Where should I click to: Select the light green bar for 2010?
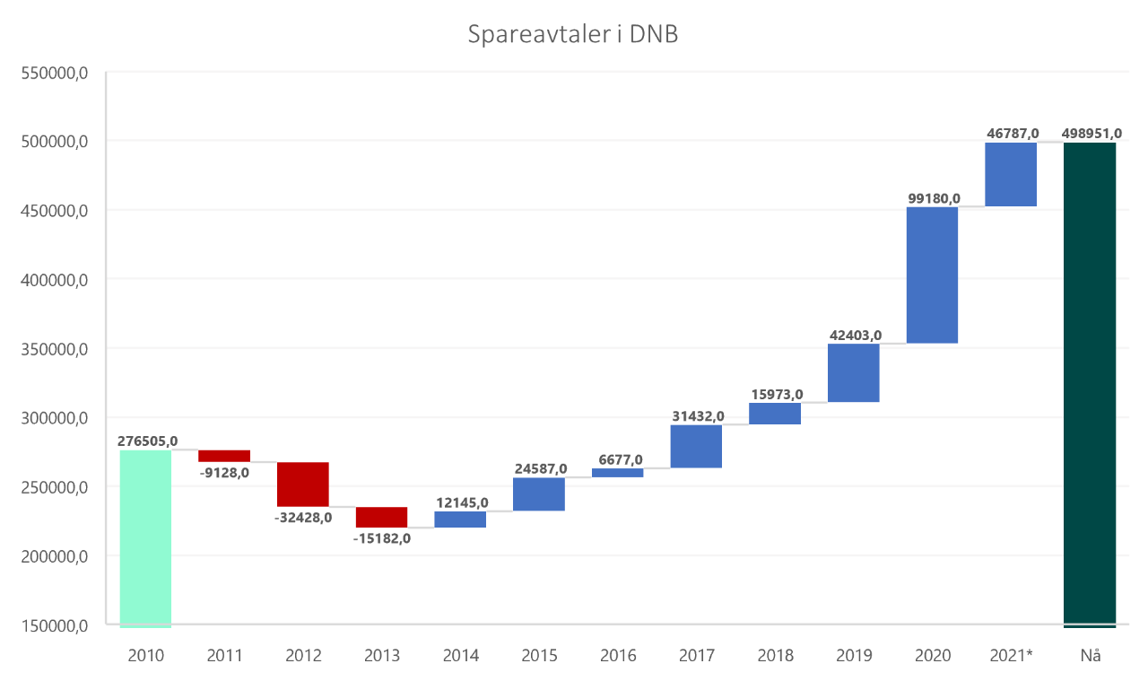click(x=145, y=537)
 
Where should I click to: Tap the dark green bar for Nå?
click(x=1090, y=384)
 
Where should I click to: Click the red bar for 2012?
click(x=303, y=485)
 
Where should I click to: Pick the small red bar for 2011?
click(x=224, y=456)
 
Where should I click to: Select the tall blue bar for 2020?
click(x=932, y=275)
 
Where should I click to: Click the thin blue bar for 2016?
click(x=617, y=473)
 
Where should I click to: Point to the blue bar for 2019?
click(x=853, y=373)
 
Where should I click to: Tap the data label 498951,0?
click(x=1091, y=134)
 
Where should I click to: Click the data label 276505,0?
click(x=147, y=441)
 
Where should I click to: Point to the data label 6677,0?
click(x=617, y=459)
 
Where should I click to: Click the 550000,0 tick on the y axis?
click(x=52, y=73)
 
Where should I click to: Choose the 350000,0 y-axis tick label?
click(x=52, y=349)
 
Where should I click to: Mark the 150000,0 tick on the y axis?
click(x=52, y=625)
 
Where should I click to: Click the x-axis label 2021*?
click(x=1011, y=656)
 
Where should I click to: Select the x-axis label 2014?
click(x=460, y=656)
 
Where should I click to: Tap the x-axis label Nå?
click(x=1090, y=656)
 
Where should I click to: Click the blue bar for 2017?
click(x=696, y=447)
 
